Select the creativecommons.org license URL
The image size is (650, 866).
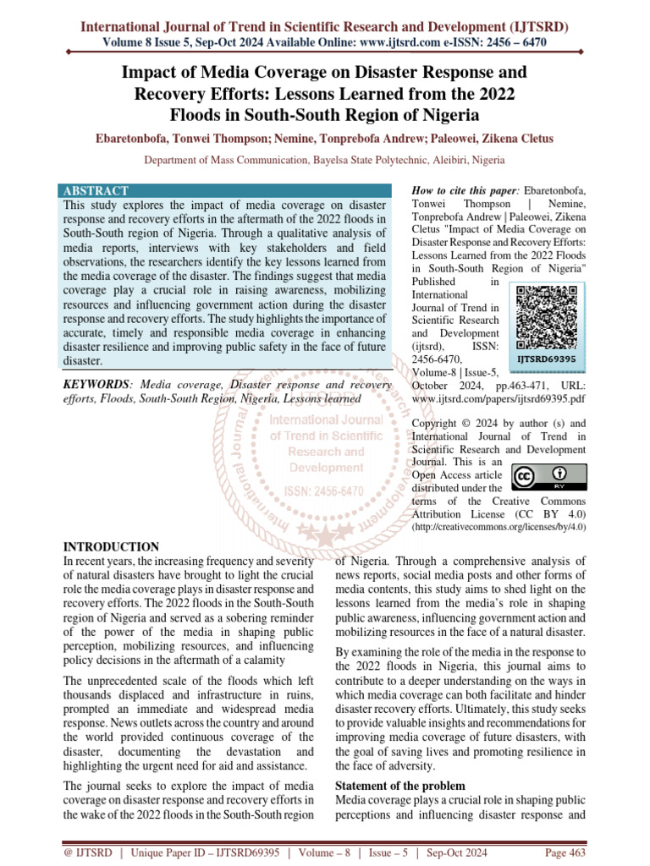(499, 527)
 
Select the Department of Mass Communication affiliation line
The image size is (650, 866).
(324, 159)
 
